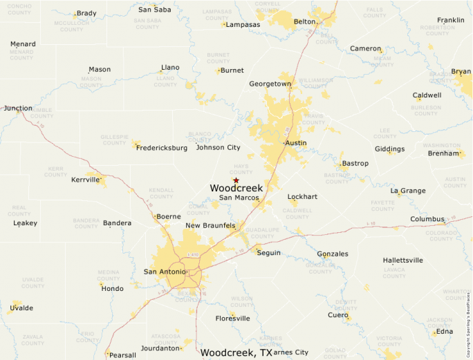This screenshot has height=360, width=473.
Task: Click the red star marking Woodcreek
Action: (x=236, y=180)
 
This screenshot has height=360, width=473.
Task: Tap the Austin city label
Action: (x=296, y=143)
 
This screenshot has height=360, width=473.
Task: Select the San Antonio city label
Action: (x=164, y=272)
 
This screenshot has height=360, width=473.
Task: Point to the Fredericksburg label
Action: (x=162, y=148)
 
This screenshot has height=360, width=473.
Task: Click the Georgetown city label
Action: (x=270, y=84)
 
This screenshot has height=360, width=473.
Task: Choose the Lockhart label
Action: (x=302, y=197)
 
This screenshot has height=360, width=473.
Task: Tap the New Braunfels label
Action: (x=210, y=226)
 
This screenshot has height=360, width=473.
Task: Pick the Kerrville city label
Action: (x=85, y=180)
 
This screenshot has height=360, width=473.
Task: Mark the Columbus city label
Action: (x=427, y=219)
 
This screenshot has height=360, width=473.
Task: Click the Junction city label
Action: (x=18, y=108)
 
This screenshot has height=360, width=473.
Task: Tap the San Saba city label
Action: (x=155, y=10)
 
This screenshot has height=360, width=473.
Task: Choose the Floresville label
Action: (x=232, y=319)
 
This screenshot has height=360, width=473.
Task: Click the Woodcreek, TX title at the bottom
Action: (x=236, y=352)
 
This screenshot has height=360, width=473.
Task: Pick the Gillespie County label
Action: (x=115, y=140)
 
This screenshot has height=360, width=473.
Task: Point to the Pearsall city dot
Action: (x=107, y=354)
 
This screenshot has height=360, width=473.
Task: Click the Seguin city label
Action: (x=268, y=253)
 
